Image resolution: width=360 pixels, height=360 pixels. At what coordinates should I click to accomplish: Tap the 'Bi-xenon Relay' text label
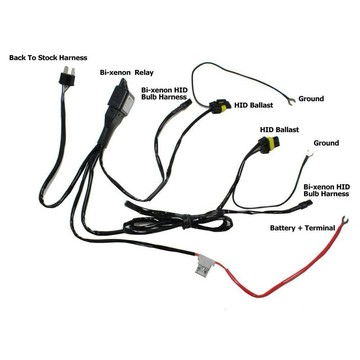tap(129, 73)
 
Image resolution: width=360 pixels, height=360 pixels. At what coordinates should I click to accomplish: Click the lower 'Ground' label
tap(326, 144)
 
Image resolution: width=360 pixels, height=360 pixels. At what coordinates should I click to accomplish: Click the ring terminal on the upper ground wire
tap(288, 100)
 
